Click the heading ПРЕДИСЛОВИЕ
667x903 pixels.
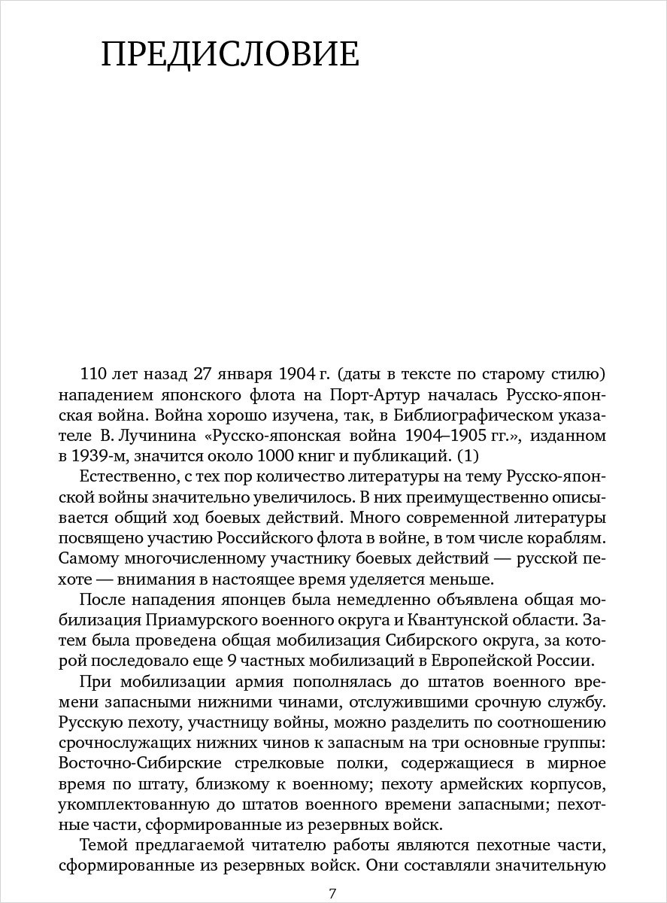230,56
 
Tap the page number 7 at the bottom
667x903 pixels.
332,893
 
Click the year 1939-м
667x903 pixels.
102,456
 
